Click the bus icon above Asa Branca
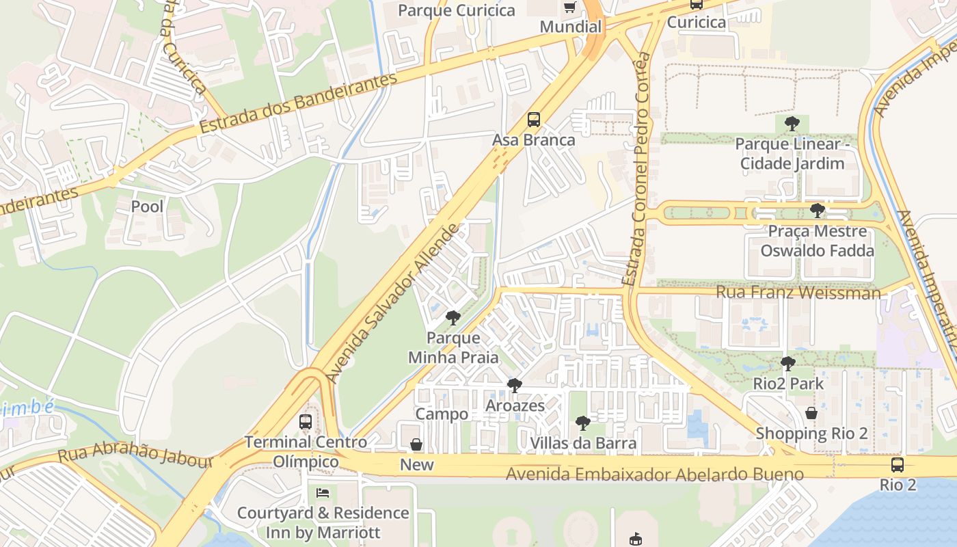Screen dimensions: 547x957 click(534, 120)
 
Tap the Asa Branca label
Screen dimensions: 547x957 click(534, 140)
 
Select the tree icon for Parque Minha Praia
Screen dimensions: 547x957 click(453, 318)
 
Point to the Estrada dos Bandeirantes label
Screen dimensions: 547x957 click(298, 103)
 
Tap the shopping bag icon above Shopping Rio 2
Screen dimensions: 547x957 click(811, 413)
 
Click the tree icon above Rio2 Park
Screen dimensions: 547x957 click(788, 363)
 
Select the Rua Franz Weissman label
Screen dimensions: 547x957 click(798, 293)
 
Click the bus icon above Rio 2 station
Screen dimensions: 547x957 click(898, 465)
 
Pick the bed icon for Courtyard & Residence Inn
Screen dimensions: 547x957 click(323, 492)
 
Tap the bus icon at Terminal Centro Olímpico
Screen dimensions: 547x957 click(306, 422)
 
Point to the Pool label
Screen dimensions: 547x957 click(147, 206)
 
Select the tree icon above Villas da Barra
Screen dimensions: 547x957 click(582, 423)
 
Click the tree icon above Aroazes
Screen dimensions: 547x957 click(515, 386)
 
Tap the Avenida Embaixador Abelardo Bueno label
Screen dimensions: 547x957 click(655, 474)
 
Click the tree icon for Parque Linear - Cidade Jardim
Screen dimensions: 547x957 click(792, 124)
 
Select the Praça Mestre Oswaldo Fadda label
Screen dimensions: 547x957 click(817, 241)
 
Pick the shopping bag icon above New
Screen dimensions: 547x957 click(416, 445)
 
